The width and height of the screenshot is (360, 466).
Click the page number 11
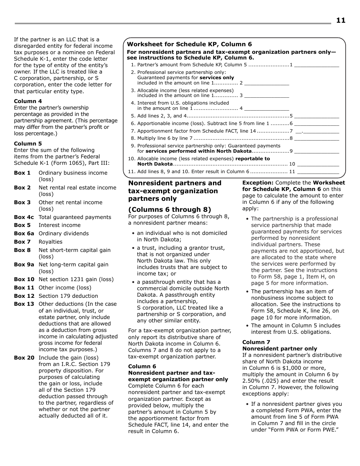340,20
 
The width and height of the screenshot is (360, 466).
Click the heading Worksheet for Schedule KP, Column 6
189,44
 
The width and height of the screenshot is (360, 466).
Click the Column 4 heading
28,101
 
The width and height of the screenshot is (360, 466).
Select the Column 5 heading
28,144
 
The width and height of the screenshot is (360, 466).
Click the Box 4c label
24,217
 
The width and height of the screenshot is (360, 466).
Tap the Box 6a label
24,233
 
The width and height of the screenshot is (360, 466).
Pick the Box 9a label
24,264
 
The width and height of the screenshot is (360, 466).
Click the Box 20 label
24,358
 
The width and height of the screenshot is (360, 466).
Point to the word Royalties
50,242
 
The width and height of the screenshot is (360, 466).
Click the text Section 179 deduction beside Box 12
68,296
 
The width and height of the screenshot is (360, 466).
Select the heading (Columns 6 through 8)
169,210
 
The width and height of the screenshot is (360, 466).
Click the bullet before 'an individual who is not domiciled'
133,233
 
